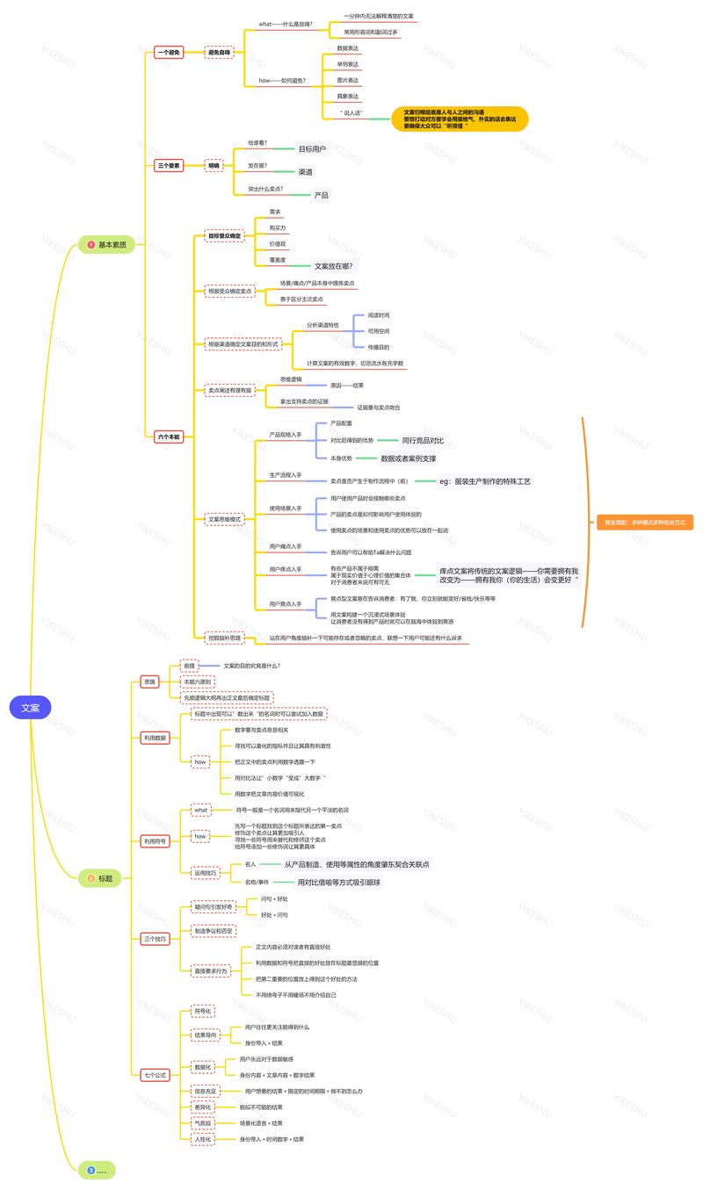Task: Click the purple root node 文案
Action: [30, 707]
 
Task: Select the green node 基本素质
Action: [107, 244]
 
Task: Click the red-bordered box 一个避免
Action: [169, 53]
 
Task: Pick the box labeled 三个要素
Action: [169, 165]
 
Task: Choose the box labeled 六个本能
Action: [169, 436]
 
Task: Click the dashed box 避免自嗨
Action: [219, 53]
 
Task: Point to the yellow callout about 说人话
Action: [460, 119]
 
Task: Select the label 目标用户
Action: [312, 149]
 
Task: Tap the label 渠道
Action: [306, 172]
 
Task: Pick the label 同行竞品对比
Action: [423, 440]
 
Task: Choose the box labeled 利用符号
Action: [155, 840]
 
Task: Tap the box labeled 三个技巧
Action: [155, 939]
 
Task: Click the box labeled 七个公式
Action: [155, 1074]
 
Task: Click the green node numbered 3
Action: [97, 1170]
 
